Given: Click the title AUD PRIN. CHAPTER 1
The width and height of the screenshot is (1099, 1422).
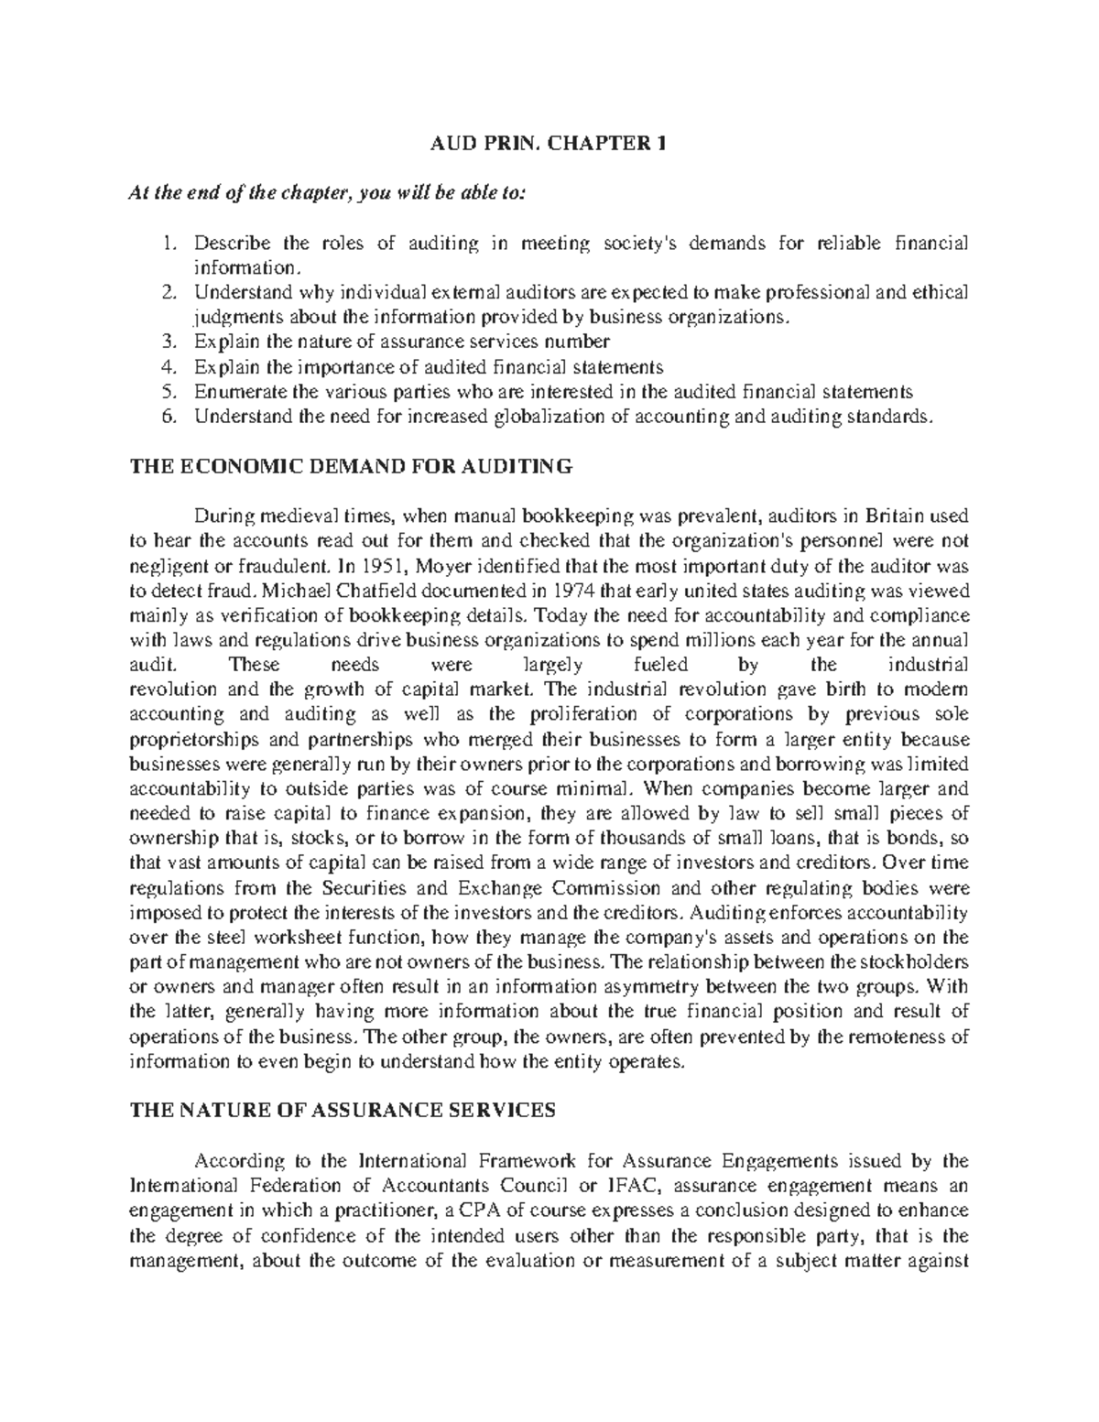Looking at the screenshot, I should pos(549,144).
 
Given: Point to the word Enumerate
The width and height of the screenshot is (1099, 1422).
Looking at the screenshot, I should pos(236,392).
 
